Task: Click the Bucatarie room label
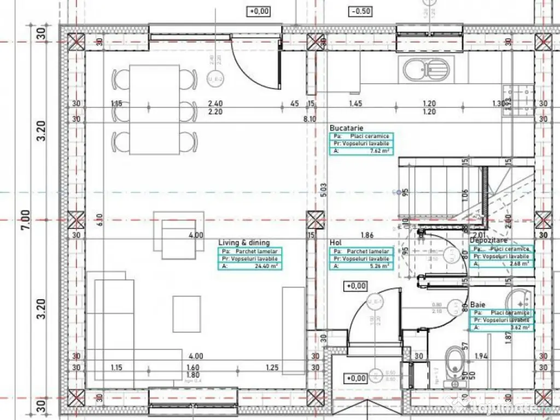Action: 346,127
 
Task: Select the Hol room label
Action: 335,242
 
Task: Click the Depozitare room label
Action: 488,241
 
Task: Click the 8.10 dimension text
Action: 310,119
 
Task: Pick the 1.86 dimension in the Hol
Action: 367,236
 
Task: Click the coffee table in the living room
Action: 186,313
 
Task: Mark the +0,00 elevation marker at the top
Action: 259,11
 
